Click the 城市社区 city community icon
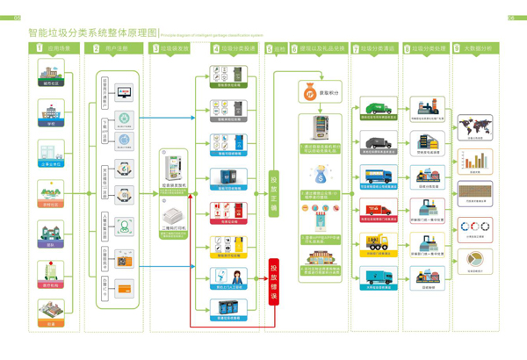click(x=51, y=72)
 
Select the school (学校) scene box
click(x=51, y=112)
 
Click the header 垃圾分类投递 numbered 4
click(x=235, y=49)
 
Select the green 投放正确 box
click(x=273, y=193)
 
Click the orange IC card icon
click(x=125, y=288)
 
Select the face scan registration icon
click(x=125, y=227)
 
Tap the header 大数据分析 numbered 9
click(x=474, y=49)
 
